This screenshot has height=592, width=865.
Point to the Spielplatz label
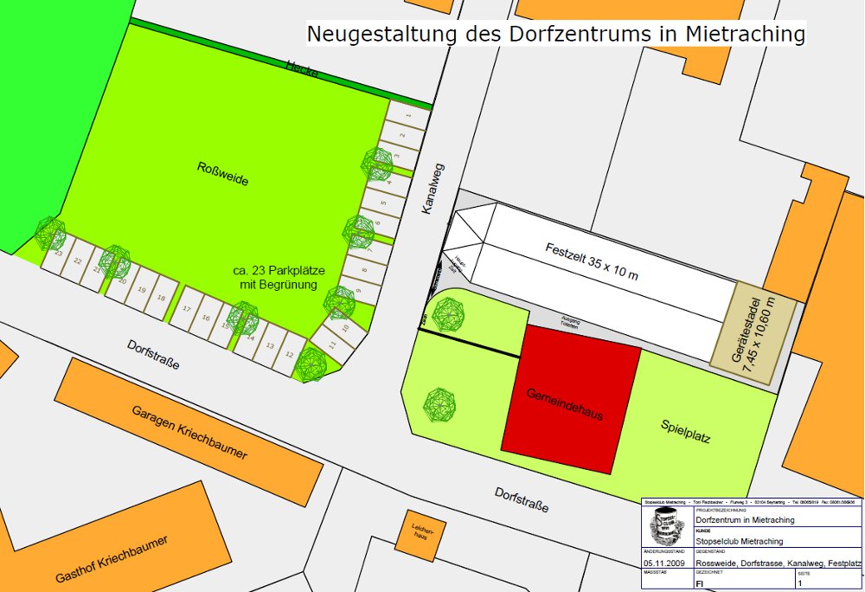point(685,431)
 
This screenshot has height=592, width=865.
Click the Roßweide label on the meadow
point(223,180)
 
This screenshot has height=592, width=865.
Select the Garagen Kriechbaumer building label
point(190,430)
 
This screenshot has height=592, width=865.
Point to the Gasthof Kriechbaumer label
point(112,558)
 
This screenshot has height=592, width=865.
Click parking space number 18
point(161,299)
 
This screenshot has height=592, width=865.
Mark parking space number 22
point(77,261)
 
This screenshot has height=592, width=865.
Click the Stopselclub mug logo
point(667,525)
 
